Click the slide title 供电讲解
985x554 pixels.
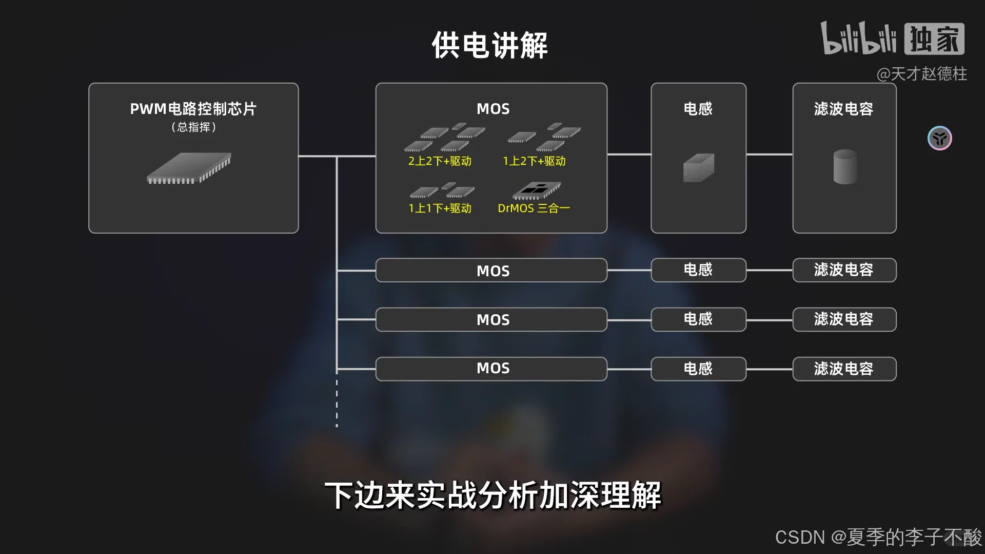(x=490, y=45)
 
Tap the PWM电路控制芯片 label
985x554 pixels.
(x=193, y=109)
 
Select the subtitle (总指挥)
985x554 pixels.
(x=193, y=127)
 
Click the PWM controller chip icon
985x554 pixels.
(x=189, y=168)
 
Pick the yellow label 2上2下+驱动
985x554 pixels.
(x=440, y=161)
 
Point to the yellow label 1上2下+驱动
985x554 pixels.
(x=534, y=161)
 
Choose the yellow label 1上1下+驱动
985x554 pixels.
(x=440, y=208)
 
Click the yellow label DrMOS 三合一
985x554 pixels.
(x=534, y=208)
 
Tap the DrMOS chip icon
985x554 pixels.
(x=537, y=190)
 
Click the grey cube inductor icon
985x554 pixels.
(x=698, y=167)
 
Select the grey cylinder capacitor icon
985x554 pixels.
(x=844, y=166)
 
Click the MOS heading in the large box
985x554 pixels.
(x=493, y=109)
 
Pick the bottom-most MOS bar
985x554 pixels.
(x=491, y=369)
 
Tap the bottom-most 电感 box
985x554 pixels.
(x=698, y=369)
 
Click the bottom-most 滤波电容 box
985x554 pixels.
(x=844, y=369)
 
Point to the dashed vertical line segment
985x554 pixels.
(x=337, y=404)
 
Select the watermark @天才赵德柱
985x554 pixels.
(x=921, y=74)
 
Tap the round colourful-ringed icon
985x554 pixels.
(x=939, y=138)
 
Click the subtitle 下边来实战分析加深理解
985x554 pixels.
(x=493, y=495)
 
